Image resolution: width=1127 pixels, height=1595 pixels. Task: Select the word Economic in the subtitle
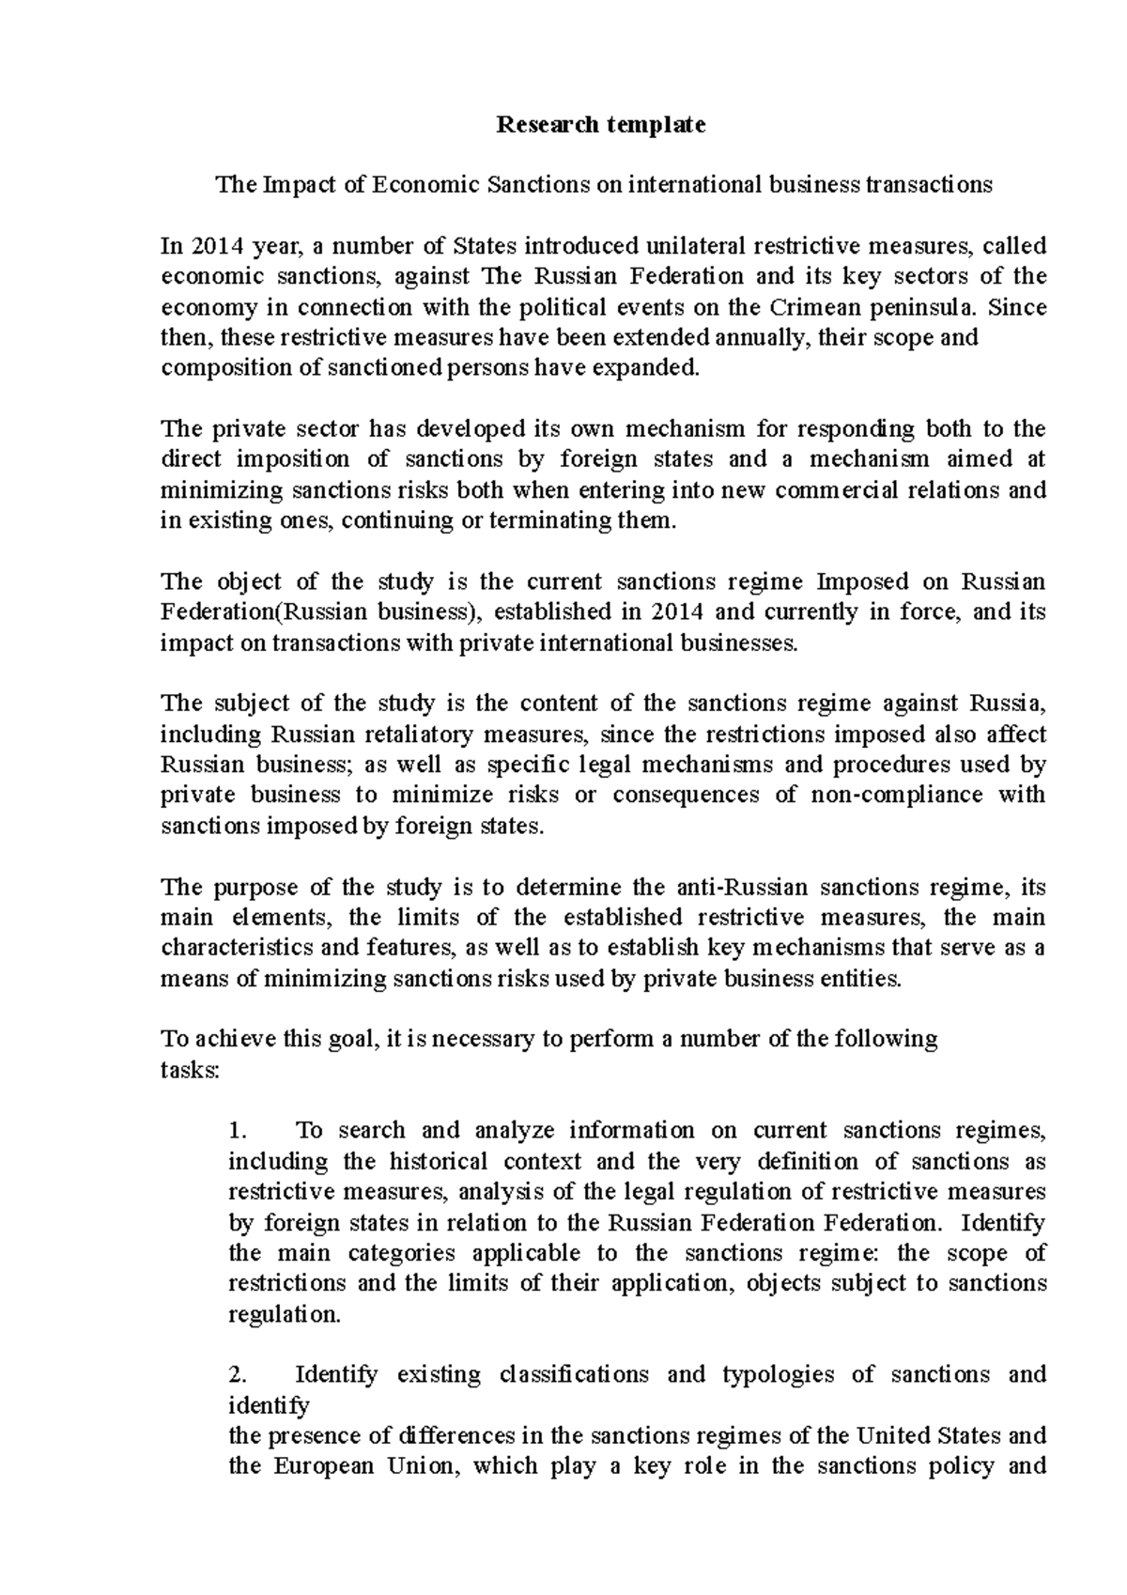425,184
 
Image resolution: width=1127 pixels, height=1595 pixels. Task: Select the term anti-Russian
741,887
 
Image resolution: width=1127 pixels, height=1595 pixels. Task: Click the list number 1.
237,1130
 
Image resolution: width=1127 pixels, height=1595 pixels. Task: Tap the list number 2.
237,1375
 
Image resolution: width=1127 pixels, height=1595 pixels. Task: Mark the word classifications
574,1375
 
